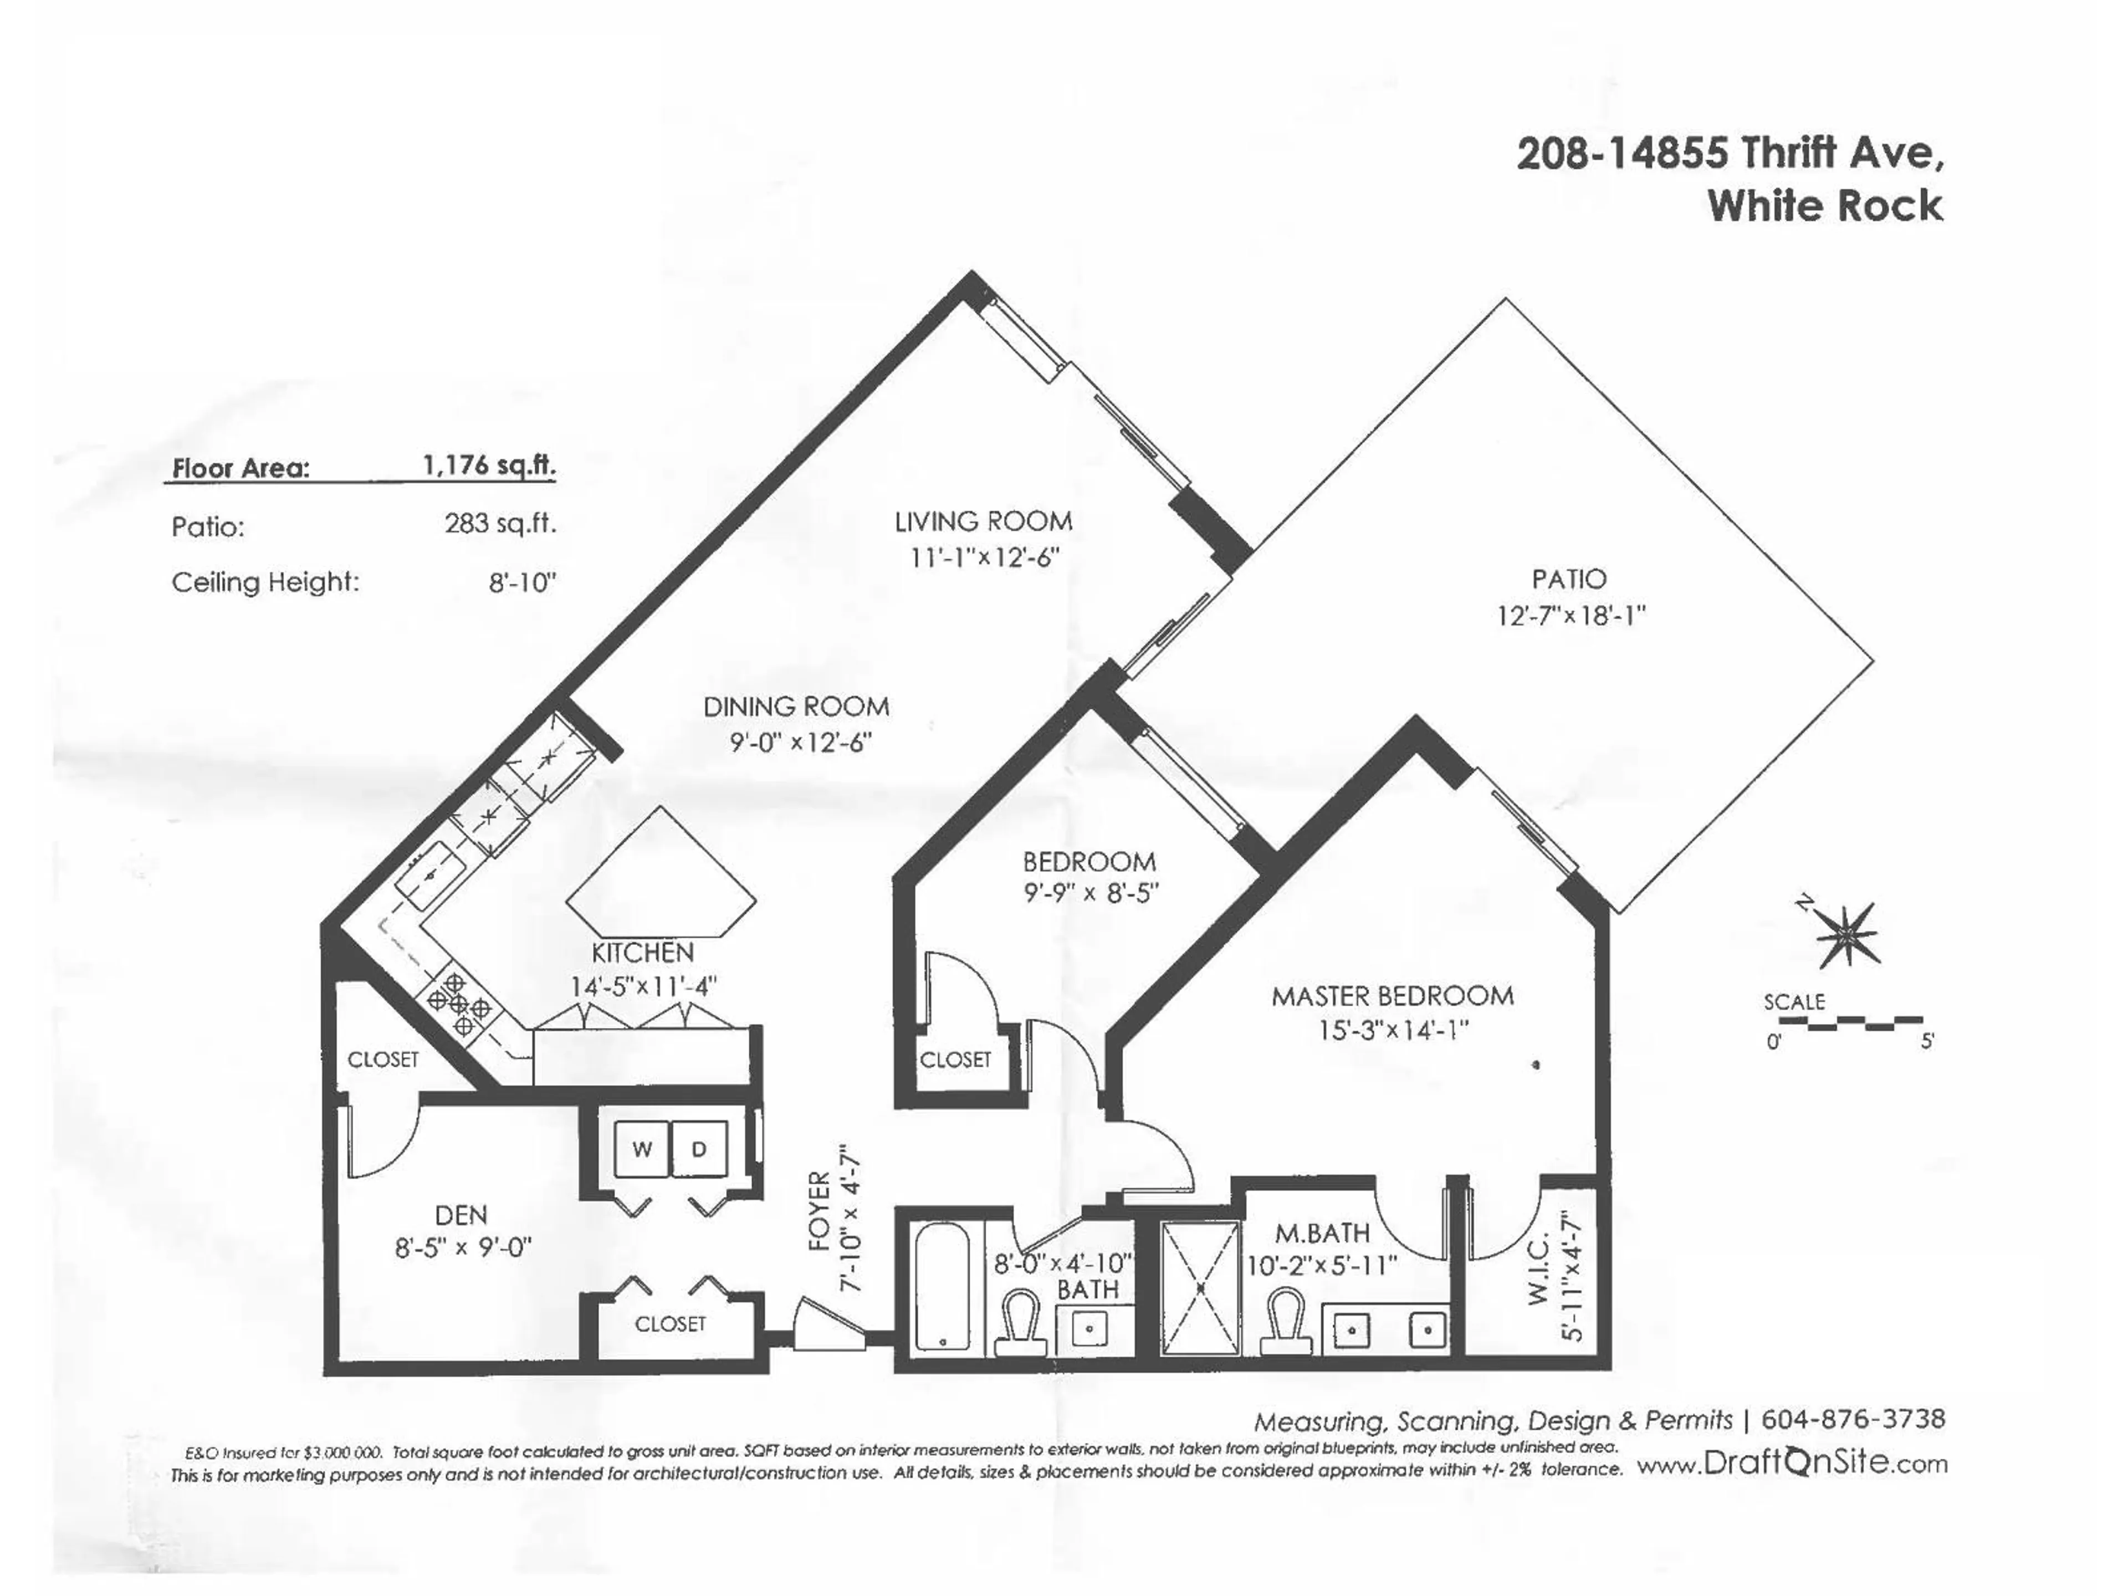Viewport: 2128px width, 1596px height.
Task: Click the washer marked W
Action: (642, 1149)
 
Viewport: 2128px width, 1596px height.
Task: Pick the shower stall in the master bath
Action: (1200, 1288)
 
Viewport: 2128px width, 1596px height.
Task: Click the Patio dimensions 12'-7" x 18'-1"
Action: (1570, 616)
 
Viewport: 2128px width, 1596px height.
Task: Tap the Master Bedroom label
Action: (1392, 996)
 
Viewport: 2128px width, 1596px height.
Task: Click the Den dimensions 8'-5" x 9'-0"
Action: (463, 1249)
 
